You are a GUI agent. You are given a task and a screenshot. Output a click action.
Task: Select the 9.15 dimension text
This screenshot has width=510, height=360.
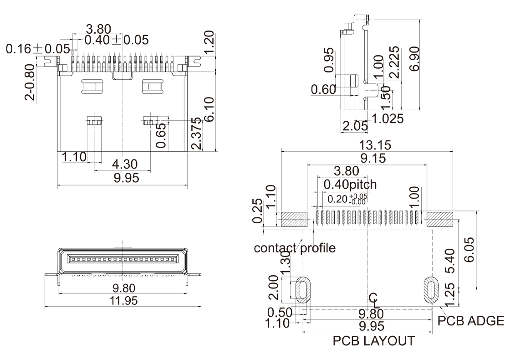click(367, 158)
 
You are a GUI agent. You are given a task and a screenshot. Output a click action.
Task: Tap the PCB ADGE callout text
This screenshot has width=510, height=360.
click(471, 320)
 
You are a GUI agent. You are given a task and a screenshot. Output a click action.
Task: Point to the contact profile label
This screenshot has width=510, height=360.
click(295, 248)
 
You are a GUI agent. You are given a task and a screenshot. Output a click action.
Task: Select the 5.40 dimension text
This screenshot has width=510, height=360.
click(450, 261)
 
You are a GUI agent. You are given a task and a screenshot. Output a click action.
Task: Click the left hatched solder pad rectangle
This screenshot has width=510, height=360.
click(294, 220)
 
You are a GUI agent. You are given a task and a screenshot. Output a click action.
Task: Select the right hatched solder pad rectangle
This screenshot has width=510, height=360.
click(440, 220)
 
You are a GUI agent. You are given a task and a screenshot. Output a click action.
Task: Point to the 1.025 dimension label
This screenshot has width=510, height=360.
click(388, 119)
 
